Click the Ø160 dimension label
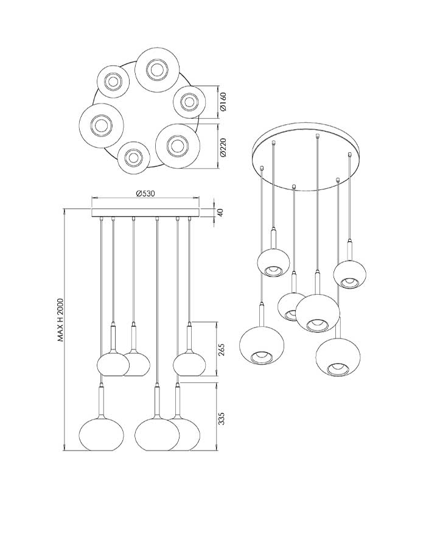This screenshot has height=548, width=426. click(x=223, y=101)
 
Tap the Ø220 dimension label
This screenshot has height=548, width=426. click(x=223, y=147)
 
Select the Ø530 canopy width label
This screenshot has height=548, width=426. click(x=145, y=193)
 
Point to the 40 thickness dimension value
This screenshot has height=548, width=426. click(x=220, y=211)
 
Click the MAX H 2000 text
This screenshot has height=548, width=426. click(x=61, y=320)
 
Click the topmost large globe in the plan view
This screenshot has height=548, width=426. click(x=158, y=69)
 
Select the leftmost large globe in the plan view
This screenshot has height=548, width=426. click(x=101, y=125)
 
